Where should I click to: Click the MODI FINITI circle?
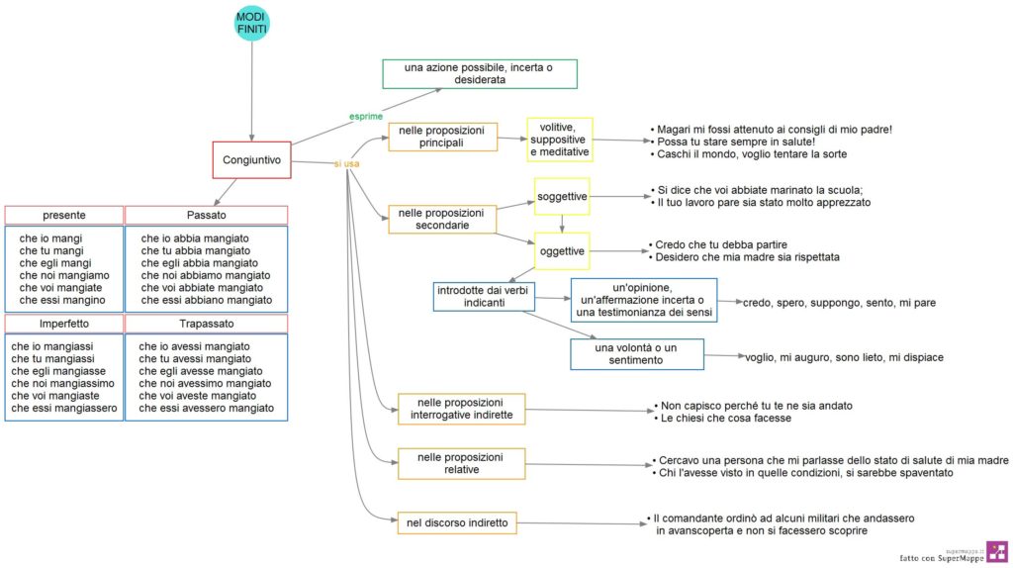tap(251, 24)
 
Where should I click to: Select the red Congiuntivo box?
tap(252, 159)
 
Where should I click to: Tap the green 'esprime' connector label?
tap(366, 117)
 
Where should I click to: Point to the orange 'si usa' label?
tap(346, 164)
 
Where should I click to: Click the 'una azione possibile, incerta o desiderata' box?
tap(480, 73)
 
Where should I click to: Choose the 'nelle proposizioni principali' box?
tap(442, 137)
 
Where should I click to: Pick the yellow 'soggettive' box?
tap(562, 197)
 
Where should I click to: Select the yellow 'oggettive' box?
tap(562, 250)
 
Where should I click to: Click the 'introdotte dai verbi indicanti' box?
tap(484, 296)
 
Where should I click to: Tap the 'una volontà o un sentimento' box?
tap(637, 354)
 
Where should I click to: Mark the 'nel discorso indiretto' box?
tap(457, 522)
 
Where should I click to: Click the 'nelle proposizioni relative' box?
tap(461, 463)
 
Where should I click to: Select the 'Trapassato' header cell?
tap(206, 324)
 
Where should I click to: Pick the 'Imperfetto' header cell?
tap(64, 324)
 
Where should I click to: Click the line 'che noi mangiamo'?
tap(64, 275)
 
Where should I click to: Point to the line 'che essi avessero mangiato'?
tap(206, 408)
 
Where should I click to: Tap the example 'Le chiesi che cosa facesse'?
tap(725, 419)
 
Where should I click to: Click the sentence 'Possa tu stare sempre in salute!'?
tap(736, 142)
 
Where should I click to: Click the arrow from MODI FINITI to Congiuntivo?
tap(252, 91)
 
